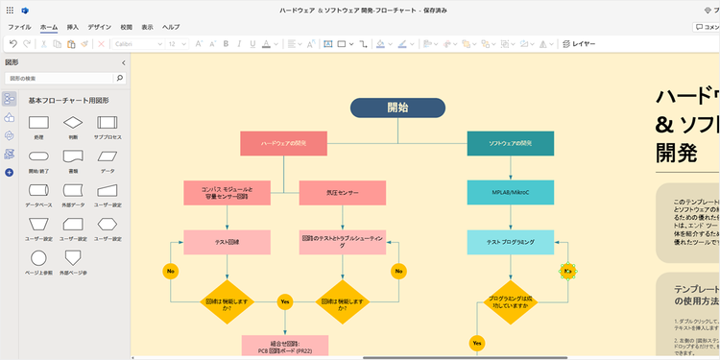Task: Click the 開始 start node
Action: click(396, 108)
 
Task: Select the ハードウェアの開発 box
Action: click(283, 143)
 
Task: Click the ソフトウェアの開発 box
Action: click(511, 143)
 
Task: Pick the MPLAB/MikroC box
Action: click(511, 193)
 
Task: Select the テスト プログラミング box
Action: click(511, 242)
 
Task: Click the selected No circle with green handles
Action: click(567, 272)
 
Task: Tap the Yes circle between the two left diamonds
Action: click(284, 301)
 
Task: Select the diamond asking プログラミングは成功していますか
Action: click(511, 301)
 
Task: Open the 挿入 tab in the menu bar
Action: click(73, 28)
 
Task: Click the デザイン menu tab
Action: click(99, 28)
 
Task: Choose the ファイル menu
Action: click(19, 28)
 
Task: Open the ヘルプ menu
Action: click(171, 28)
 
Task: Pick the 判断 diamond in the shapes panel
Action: click(73, 123)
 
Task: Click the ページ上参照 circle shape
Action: click(38, 258)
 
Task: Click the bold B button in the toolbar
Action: click(226, 44)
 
